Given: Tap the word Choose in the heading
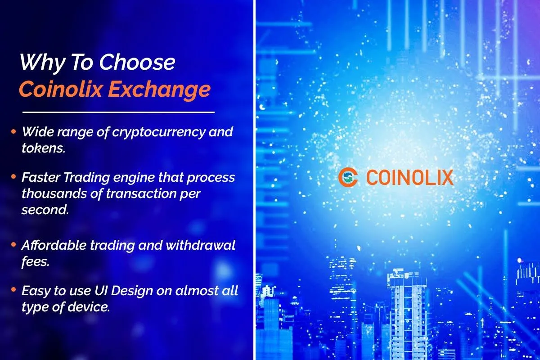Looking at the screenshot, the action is pyautogui.click(x=137, y=62).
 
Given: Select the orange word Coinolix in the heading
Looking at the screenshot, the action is pyautogui.click(x=61, y=89).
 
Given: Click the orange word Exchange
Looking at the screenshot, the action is pyautogui.click(x=159, y=90).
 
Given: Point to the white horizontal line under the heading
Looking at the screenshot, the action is pyautogui.click(x=118, y=112).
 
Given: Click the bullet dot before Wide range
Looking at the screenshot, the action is pyautogui.click(x=13, y=132).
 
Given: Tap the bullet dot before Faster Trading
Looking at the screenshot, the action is pyautogui.click(x=13, y=177).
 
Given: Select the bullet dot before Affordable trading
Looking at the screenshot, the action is pyautogui.click(x=13, y=245).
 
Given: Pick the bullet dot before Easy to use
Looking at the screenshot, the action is pyautogui.click(x=13, y=290).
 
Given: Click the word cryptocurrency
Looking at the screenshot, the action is pyautogui.click(x=159, y=133).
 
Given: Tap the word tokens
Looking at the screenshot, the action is pyautogui.click(x=44, y=148).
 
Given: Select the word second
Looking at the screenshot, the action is pyautogui.click(x=45, y=210).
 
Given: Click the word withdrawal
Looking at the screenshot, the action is pyautogui.click(x=200, y=245).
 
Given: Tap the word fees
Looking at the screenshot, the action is pyautogui.click(x=36, y=261).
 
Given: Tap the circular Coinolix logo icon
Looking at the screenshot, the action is pyautogui.click(x=348, y=177).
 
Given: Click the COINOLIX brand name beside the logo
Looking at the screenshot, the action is pyautogui.click(x=410, y=177).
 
